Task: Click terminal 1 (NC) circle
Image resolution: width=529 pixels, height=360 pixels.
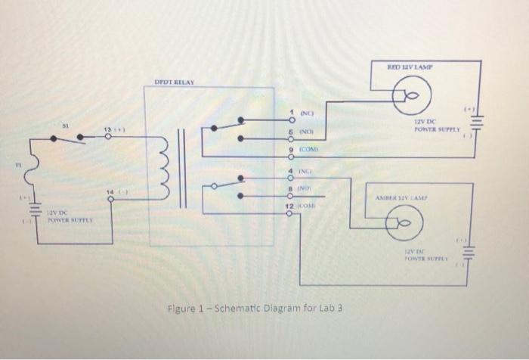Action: click(289, 121)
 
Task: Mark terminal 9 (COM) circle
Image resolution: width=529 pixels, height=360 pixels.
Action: click(289, 157)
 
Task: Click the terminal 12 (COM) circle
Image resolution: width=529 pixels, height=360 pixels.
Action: click(289, 213)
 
